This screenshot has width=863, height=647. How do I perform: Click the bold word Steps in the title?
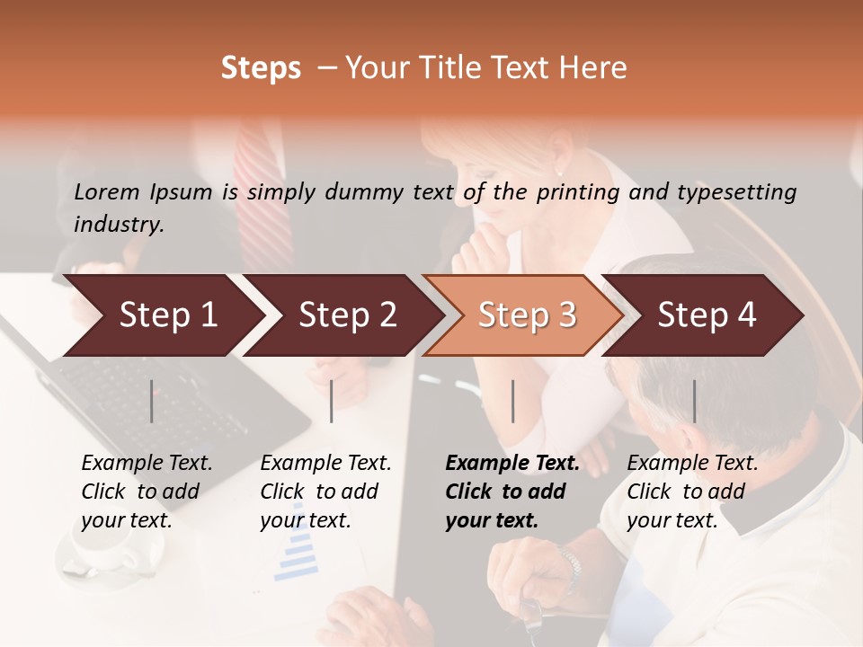(261, 68)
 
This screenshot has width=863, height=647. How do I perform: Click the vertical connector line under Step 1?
(152, 401)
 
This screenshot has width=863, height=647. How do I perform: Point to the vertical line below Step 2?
(332, 401)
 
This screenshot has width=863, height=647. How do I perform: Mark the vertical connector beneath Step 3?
(513, 401)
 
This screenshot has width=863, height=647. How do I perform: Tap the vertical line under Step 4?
(695, 401)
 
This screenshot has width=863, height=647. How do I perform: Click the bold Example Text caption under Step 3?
(512, 492)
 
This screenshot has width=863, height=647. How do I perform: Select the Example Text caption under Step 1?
(147, 492)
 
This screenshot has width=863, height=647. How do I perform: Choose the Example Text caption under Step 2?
(325, 492)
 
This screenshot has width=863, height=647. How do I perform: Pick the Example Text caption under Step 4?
(692, 492)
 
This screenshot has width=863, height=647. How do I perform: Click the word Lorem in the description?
(107, 191)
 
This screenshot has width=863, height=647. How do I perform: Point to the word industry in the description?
(119, 225)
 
